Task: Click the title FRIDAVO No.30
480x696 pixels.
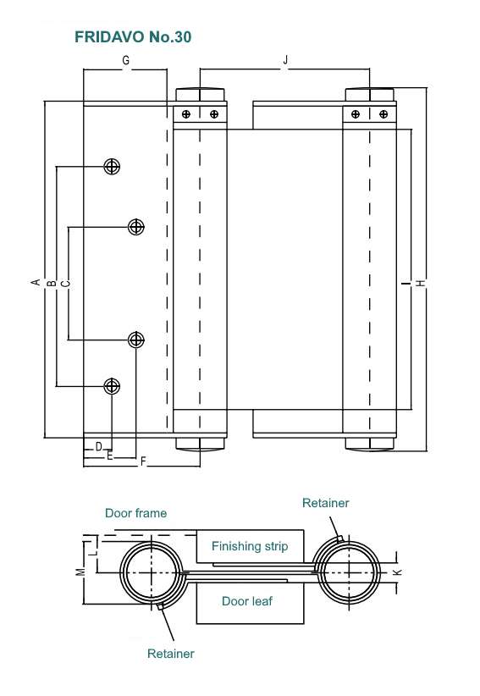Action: point(133,37)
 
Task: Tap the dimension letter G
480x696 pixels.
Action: point(125,60)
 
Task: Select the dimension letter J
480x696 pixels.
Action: point(285,59)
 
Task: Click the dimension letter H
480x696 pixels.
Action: point(421,283)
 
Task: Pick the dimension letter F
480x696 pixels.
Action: point(143,461)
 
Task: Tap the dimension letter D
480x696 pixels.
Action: point(99,446)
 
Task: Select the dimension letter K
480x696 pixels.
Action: point(398,572)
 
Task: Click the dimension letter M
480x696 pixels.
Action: point(80,572)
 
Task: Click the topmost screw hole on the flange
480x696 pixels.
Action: point(112,167)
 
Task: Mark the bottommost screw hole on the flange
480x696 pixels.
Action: point(112,386)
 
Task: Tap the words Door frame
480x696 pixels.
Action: point(135,513)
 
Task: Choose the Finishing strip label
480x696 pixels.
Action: point(250,546)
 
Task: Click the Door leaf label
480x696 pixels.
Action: point(247,601)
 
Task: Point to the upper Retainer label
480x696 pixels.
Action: point(326,503)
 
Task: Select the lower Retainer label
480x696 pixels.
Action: point(171,654)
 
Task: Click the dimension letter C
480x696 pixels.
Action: point(66,283)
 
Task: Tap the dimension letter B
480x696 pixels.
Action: point(52,283)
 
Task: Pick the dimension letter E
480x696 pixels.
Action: point(109,456)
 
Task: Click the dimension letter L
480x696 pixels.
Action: point(93,553)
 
